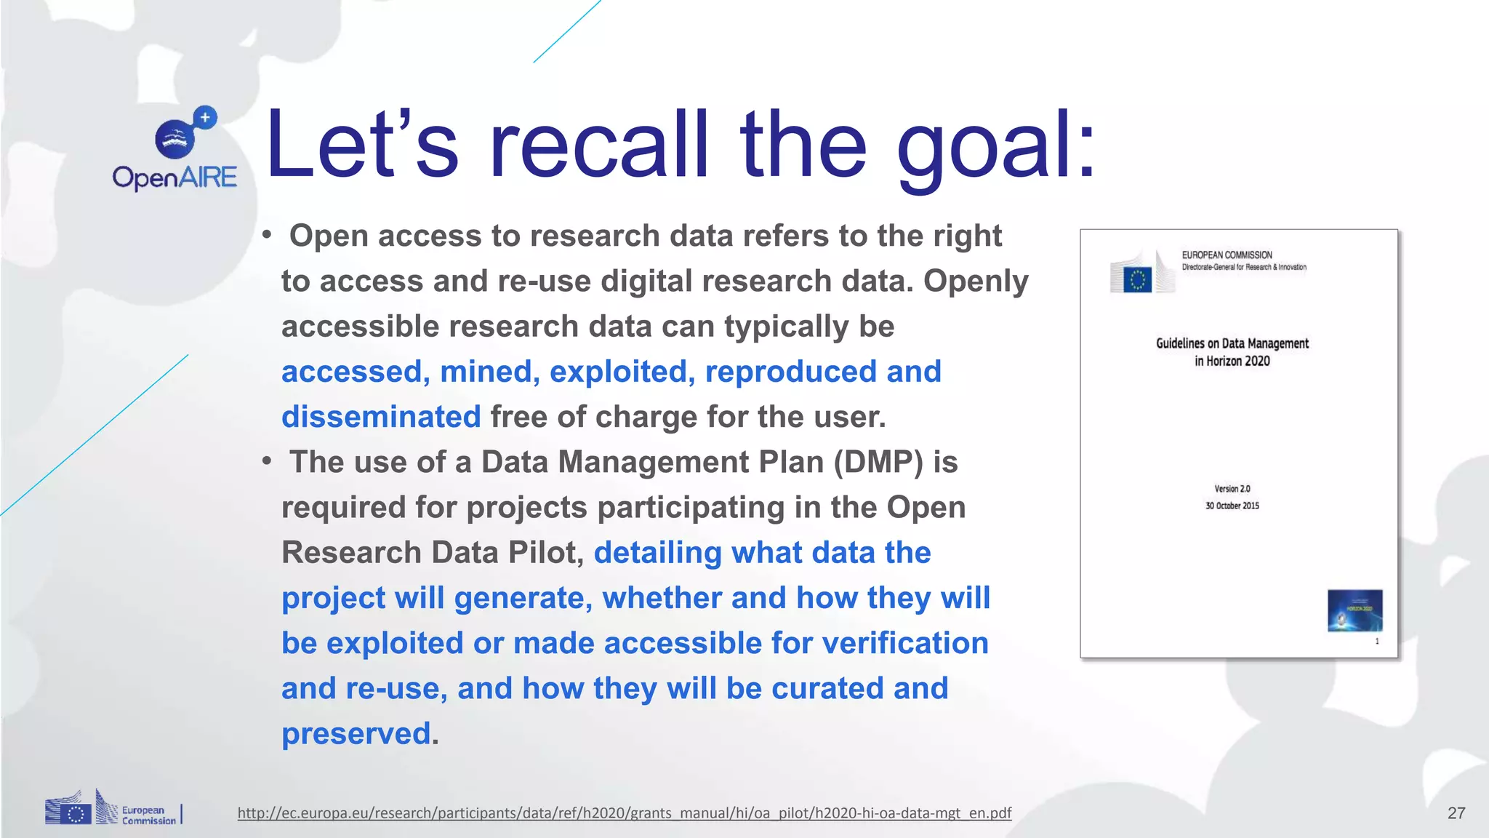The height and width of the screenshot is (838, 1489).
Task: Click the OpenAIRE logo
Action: [175, 149]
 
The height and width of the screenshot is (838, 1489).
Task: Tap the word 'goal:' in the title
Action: [996, 145]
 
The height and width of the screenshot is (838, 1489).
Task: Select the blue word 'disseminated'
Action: [381, 417]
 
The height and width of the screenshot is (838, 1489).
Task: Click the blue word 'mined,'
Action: [489, 372]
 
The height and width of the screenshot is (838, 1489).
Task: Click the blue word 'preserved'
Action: [356, 733]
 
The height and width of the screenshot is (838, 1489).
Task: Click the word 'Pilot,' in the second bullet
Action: [546, 553]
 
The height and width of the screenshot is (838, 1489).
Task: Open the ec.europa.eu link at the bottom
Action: [624, 813]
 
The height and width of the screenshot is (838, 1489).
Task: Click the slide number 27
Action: [1456, 813]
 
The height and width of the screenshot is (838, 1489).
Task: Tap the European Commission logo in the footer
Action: [113, 810]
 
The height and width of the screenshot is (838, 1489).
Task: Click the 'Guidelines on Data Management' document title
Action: [1232, 344]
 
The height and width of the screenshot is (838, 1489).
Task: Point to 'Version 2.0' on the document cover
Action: [1232, 489]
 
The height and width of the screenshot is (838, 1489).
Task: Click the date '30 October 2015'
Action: [1232, 506]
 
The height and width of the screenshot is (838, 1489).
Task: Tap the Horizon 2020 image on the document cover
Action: [1354, 610]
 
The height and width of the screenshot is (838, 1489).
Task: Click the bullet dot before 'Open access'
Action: [268, 235]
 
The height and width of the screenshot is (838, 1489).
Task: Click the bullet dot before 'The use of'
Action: [268, 461]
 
